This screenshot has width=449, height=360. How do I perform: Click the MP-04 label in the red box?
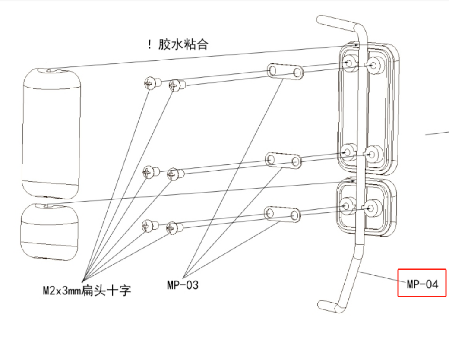[422, 284]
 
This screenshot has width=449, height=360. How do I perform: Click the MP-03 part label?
[182, 284]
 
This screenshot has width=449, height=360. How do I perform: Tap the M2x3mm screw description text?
[86, 291]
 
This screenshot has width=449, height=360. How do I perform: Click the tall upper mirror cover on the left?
[51, 132]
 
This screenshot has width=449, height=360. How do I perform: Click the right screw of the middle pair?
[174, 174]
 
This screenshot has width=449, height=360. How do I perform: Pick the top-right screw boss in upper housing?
[374, 65]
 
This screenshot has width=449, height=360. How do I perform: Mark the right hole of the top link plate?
[297, 73]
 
